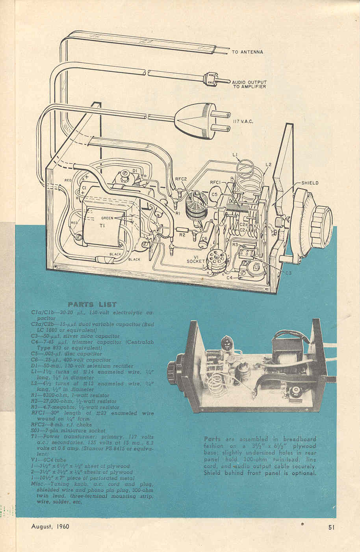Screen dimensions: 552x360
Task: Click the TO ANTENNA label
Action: coord(247,52)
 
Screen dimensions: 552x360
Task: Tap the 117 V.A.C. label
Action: coord(242,122)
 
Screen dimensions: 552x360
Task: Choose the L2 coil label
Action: coord(268,164)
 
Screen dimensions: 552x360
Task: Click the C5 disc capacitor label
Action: coord(214,194)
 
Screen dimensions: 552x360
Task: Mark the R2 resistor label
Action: coord(182,235)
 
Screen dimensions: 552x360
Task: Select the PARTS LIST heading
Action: coord(92,304)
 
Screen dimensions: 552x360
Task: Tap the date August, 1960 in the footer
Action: coord(50,526)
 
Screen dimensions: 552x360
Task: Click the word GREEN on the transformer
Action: coord(107,218)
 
